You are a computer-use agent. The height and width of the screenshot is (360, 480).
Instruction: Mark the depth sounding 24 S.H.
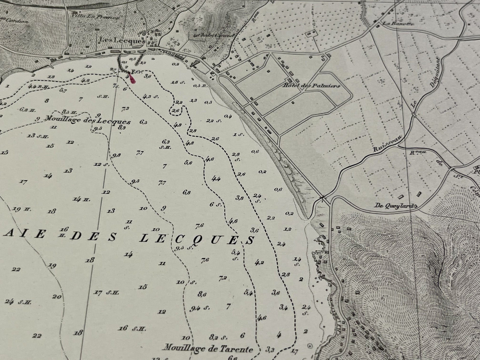[x=18, y=302]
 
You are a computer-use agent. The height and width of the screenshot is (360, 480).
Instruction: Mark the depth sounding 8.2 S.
[x=218, y=337]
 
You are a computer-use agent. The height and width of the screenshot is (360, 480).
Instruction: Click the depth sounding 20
[x=57, y=297]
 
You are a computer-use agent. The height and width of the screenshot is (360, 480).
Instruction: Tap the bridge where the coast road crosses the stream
[x=322, y=198]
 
